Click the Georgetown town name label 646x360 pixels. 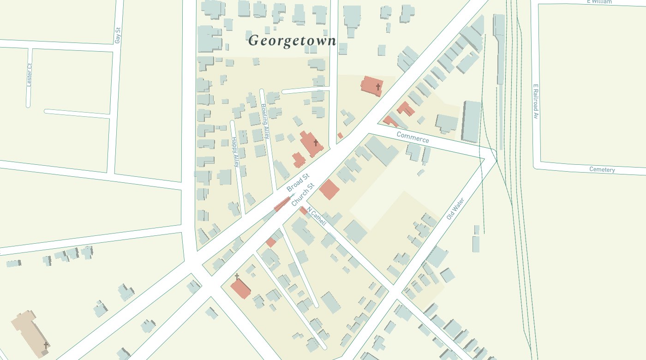(x=292, y=41)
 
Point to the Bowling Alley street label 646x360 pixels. (x=265, y=121)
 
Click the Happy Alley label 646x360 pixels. (x=235, y=151)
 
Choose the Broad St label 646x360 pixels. (x=298, y=183)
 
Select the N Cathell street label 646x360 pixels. (x=316, y=216)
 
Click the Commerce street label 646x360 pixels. (x=413, y=137)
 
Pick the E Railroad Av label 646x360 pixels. (x=536, y=102)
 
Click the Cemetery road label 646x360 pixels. (x=602, y=169)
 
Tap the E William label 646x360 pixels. (x=599, y=2)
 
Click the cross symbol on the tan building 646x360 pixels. (x=46, y=345)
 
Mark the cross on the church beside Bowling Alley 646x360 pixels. (x=316, y=143)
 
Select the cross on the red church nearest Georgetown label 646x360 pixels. (x=378, y=87)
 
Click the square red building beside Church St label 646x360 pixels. (x=329, y=190)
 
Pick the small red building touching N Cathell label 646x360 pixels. (x=303, y=210)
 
